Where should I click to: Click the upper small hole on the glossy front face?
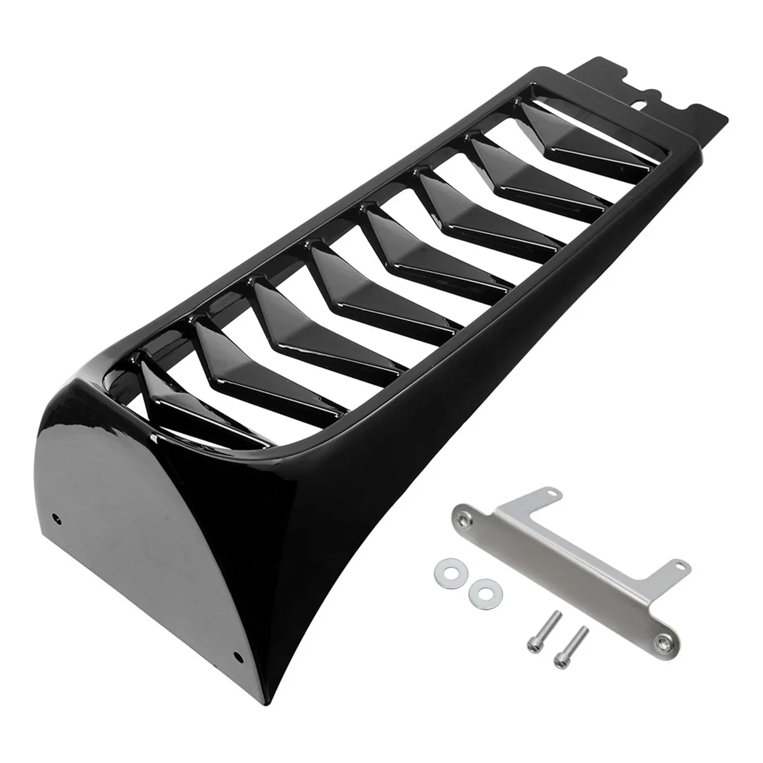(x=59, y=518)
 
